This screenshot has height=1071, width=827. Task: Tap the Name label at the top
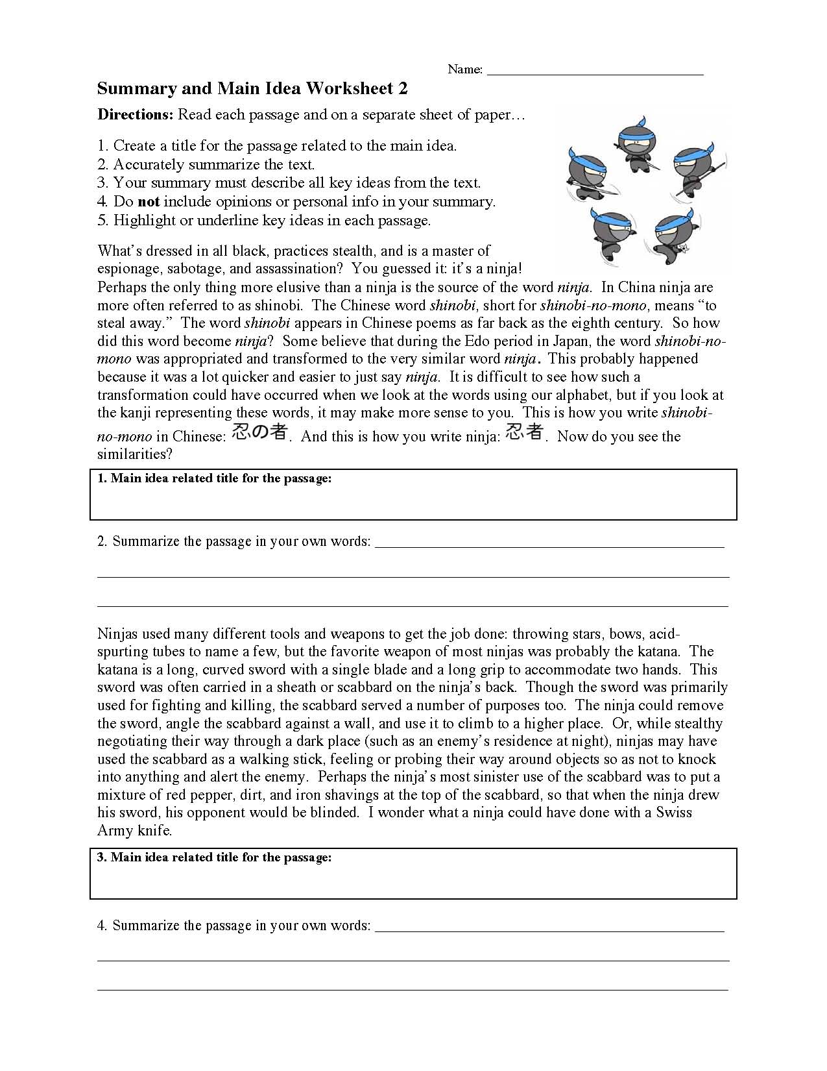coord(464,69)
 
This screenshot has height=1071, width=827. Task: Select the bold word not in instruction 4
coord(148,202)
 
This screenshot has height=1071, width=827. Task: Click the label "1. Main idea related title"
coord(214,479)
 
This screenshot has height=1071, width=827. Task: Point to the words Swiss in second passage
coord(674,813)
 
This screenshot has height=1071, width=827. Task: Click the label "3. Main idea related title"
coord(214,857)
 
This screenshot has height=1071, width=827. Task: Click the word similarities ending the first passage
coord(134,454)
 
